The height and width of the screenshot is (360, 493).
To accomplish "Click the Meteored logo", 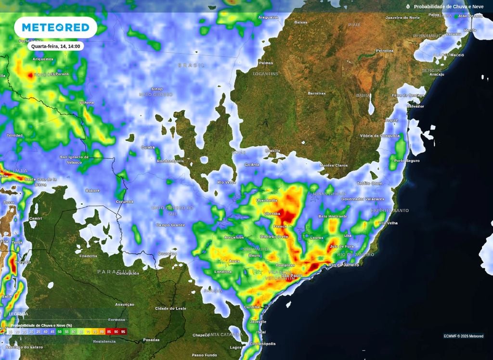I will (55, 27).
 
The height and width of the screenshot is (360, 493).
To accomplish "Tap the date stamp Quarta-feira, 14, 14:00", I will (56, 46).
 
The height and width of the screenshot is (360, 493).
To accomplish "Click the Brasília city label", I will (272, 150).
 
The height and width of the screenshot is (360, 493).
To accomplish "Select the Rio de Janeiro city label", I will (344, 265).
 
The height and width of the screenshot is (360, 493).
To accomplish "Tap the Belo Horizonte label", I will (333, 217).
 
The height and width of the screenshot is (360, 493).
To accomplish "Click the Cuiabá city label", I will (148, 147).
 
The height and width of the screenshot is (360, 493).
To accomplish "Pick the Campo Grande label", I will (170, 225).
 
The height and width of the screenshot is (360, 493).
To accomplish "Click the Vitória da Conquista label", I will (380, 136).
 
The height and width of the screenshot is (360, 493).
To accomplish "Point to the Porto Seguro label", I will (406, 160).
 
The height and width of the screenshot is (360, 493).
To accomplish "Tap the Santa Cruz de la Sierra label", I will (41, 181).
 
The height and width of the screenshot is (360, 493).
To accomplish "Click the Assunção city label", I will (125, 305).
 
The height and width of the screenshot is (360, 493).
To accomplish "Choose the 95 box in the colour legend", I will (123, 332).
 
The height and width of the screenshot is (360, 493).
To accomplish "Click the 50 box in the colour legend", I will (59, 332).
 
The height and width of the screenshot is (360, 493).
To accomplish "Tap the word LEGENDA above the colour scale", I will (19, 314).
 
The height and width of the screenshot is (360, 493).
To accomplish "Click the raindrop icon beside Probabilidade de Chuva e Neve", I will (408, 7).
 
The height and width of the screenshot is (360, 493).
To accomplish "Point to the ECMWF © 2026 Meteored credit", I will (463, 336).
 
